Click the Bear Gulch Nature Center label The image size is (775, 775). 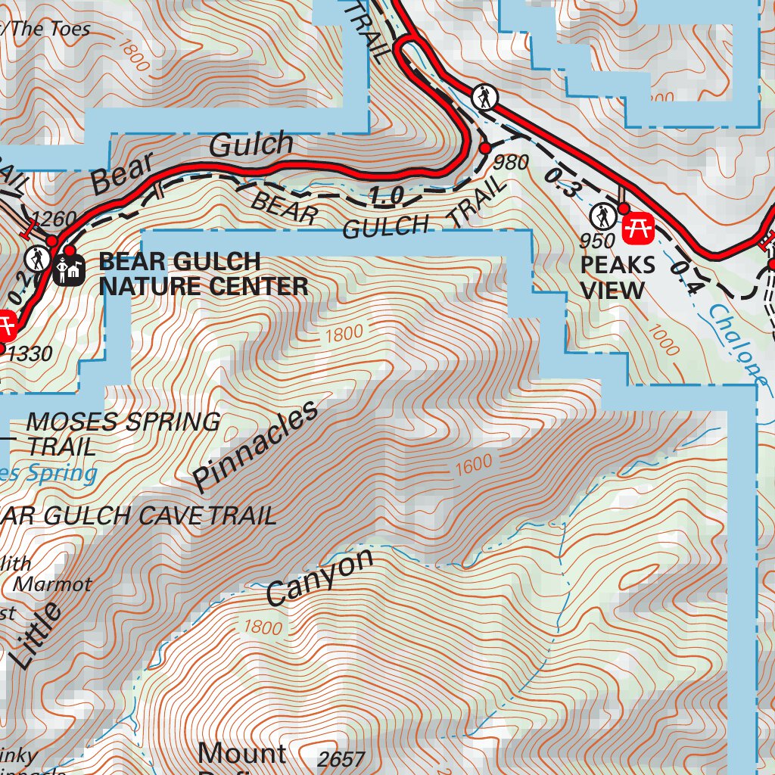203,274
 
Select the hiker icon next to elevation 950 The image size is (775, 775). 603,217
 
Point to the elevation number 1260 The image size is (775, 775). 55,219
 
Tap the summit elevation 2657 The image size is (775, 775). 341,759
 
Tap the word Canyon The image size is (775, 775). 320,577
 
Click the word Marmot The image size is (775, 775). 53,584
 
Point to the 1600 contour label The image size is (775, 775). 474,465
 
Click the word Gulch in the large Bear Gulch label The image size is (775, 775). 251,145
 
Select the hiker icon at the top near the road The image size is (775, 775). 483,97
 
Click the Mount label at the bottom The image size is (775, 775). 242,754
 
